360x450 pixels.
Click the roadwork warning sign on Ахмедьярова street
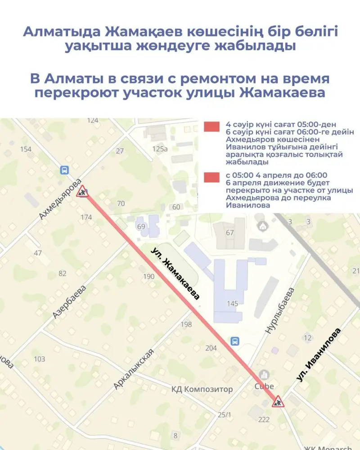82,192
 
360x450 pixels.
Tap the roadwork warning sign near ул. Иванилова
278,402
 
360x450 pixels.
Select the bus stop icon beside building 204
234,341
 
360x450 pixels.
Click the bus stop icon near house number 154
64,170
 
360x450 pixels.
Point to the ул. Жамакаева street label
175,273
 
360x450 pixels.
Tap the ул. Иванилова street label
318,355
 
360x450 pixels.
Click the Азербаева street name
69,302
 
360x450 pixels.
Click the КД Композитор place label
202,389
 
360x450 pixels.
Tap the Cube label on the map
264,386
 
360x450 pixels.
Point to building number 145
232,304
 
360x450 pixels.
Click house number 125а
160,148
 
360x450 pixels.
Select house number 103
39,359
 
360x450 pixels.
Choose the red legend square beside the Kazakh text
211,127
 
